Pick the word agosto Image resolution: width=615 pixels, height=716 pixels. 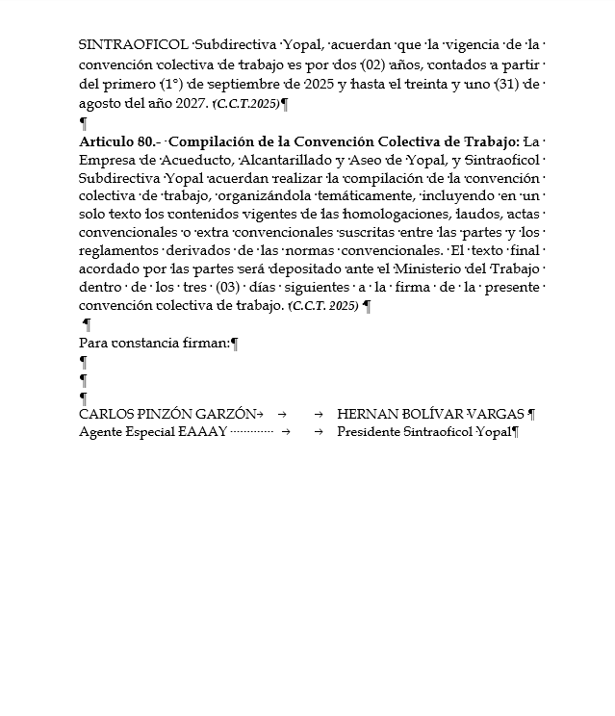pyautogui.click(x=101, y=102)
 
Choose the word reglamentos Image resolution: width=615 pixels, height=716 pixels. pyautogui.click(x=121, y=251)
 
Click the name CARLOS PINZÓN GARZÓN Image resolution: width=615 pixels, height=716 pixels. pyautogui.click(x=167, y=414)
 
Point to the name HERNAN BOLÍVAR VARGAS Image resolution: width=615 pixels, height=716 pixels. pyautogui.click(x=430, y=414)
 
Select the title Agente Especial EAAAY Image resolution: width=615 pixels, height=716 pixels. pyautogui.click(x=152, y=432)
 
